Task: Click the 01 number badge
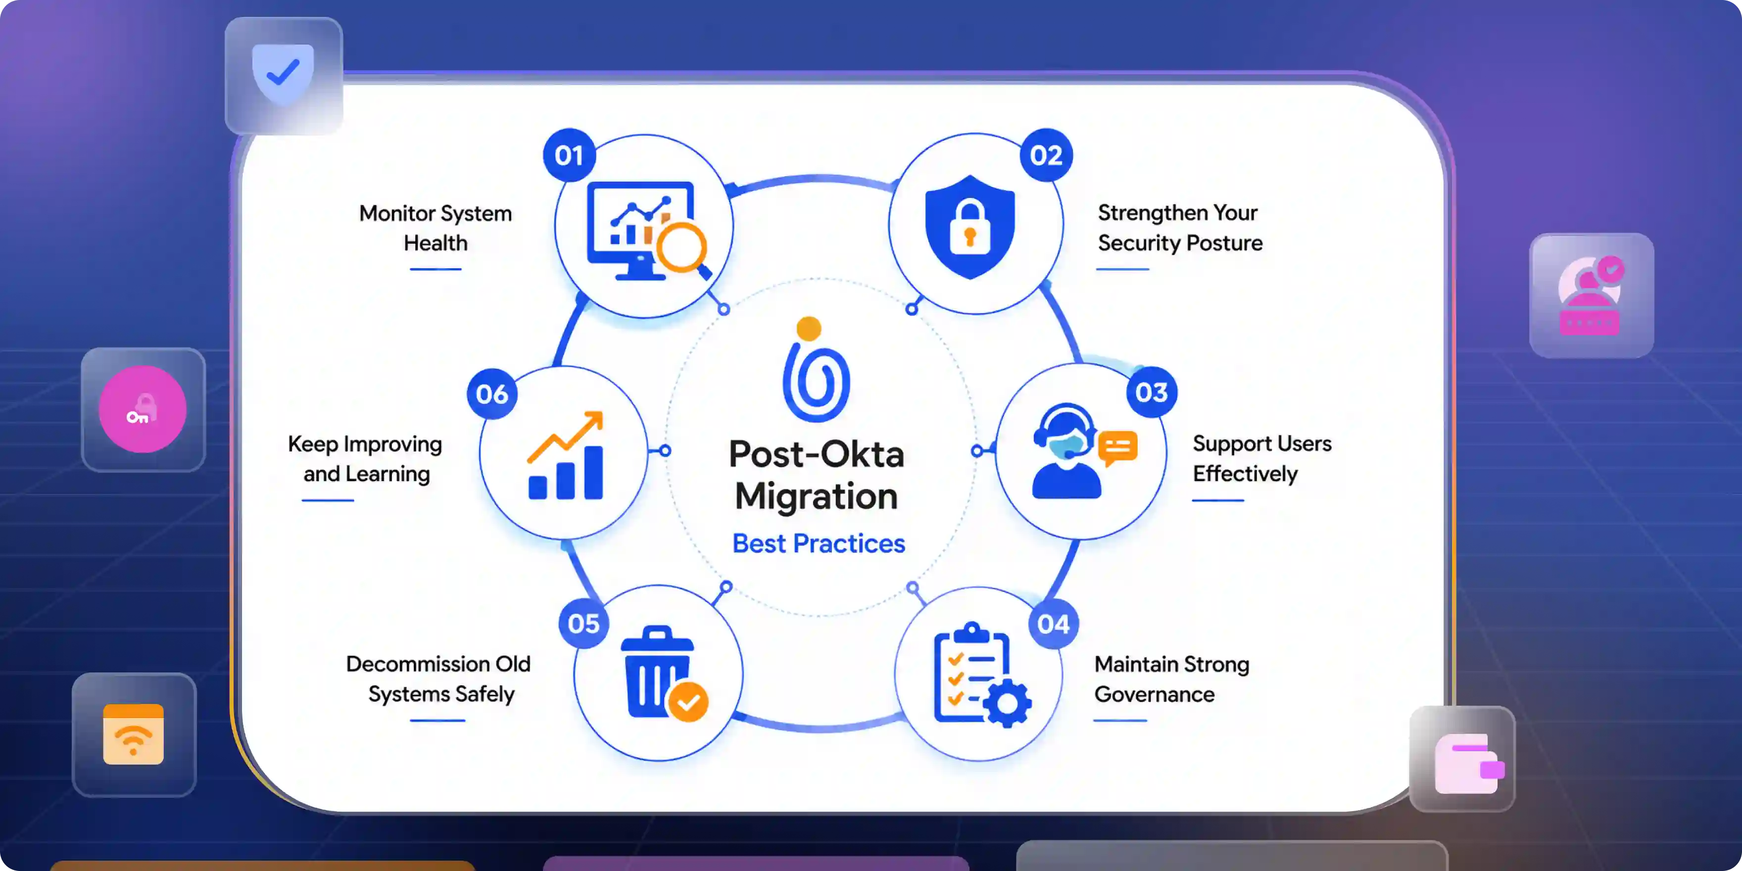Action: [x=570, y=155]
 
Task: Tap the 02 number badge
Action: [x=1046, y=155]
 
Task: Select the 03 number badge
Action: [x=1152, y=392]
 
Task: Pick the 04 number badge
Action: [x=1054, y=624]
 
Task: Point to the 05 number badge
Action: [x=583, y=624]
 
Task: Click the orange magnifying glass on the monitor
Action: [x=683, y=249]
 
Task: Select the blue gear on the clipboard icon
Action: [x=1008, y=703]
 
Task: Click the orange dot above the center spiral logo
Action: [x=809, y=329]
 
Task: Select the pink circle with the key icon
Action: [x=143, y=409]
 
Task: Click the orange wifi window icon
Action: [x=133, y=734]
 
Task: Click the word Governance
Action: [x=1155, y=694]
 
